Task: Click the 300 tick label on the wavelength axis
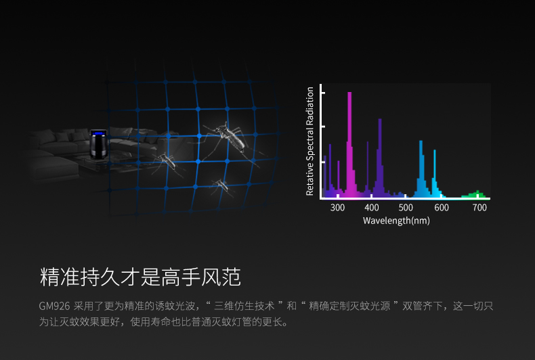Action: coord(337,208)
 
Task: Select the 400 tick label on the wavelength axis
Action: coord(372,208)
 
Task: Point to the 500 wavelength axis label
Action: coord(406,208)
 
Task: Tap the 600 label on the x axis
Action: coord(442,208)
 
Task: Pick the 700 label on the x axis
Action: coord(479,208)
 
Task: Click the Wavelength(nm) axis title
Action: coord(396,221)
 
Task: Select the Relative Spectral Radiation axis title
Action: coord(309,141)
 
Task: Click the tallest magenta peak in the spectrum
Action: coord(349,143)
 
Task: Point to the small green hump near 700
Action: coord(473,194)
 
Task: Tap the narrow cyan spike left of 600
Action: coord(435,172)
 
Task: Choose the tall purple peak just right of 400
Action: coord(379,157)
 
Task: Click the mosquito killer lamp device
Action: coord(98,144)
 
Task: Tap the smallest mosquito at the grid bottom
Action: coord(222,186)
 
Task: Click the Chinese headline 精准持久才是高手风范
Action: coord(140,277)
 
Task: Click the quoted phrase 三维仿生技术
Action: coord(244,306)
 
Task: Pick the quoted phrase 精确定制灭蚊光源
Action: coord(349,306)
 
